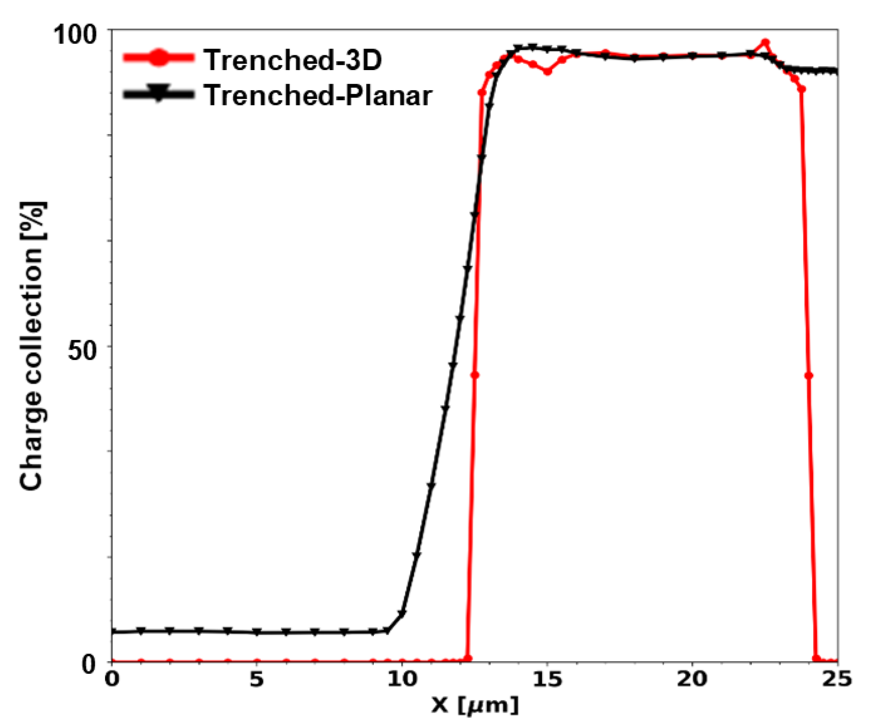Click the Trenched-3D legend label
click(x=292, y=60)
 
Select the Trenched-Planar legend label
click(x=318, y=95)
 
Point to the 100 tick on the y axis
click(x=80, y=34)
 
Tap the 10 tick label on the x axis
click(x=401, y=679)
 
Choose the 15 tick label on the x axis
click(x=547, y=679)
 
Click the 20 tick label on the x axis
click(x=692, y=679)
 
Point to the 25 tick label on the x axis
click(x=837, y=679)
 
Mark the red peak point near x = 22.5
click(x=765, y=43)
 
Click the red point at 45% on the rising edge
click(x=475, y=375)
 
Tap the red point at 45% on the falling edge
click(x=808, y=376)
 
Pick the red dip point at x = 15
click(x=547, y=72)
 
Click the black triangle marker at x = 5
click(x=257, y=632)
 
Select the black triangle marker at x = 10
click(x=402, y=614)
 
